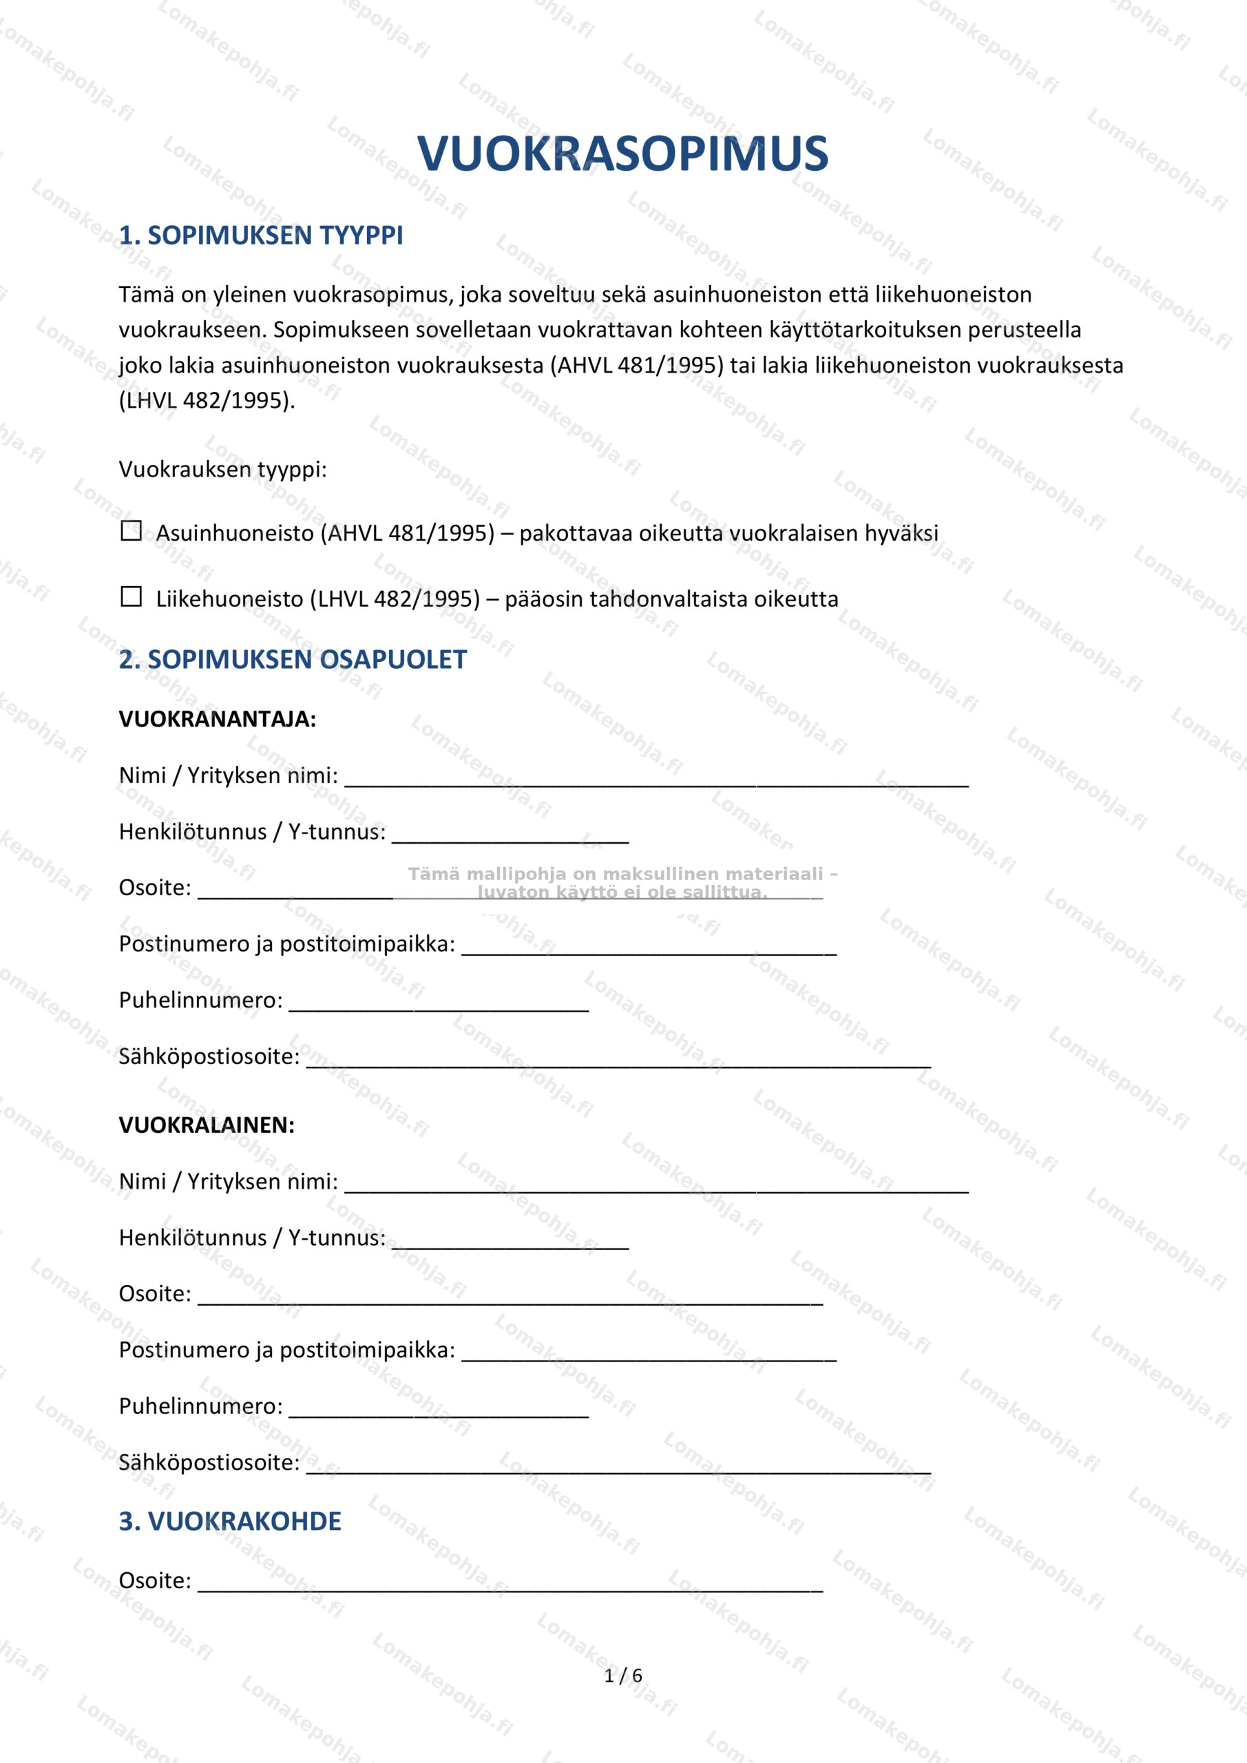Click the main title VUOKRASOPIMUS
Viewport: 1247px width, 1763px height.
(x=622, y=153)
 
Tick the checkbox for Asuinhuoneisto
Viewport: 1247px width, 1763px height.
(x=132, y=530)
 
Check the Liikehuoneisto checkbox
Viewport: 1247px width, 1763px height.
(x=132, y=596)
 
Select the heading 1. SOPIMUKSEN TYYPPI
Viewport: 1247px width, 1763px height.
(x=260, y=235)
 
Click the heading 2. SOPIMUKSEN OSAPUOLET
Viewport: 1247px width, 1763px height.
(x=293, y=660)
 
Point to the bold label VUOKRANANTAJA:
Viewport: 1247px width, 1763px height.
(x=218, y=720)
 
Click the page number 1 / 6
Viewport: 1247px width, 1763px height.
(x=622, y=1676)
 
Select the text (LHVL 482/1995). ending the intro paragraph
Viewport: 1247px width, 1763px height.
(x=207, y=401)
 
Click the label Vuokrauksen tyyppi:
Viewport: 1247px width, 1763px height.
(x=222, y=469)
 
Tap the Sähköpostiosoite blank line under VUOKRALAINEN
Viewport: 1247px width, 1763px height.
(x=618, y=1465)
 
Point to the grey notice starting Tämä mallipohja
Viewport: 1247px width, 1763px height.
(x=622, y=882)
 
